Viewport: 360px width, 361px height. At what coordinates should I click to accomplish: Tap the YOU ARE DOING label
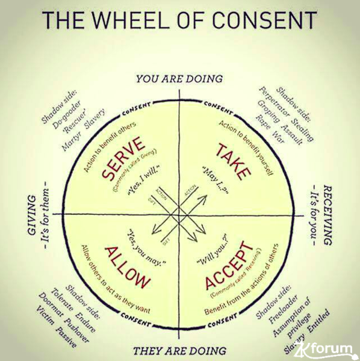(x=179, y=79)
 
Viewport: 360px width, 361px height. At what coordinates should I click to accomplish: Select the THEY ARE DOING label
(x=179, y=350)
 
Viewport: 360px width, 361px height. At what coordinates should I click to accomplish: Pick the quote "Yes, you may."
(x=147, y=239)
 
